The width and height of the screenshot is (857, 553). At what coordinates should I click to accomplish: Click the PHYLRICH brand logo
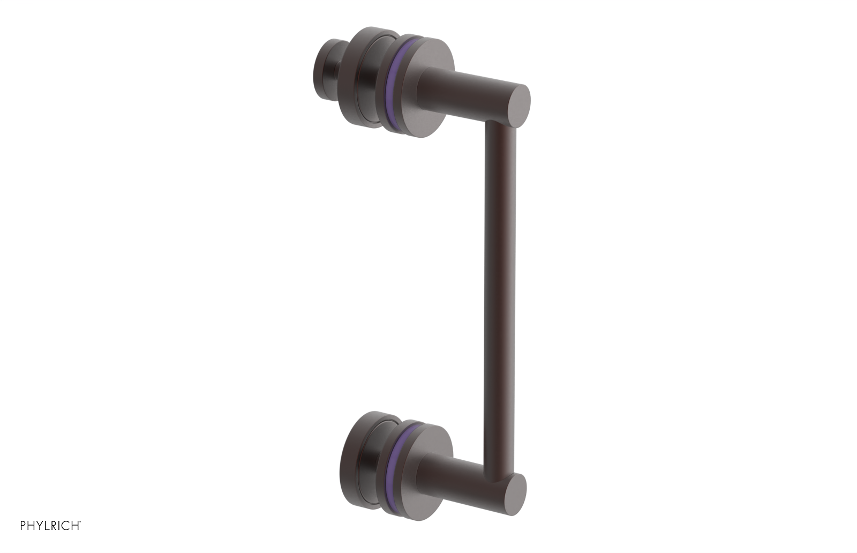(x=50, y=526)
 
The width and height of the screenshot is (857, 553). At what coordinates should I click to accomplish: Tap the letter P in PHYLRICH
(x=24, y=526)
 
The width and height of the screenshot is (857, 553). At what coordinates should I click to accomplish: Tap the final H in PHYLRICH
(x=74, y=526)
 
